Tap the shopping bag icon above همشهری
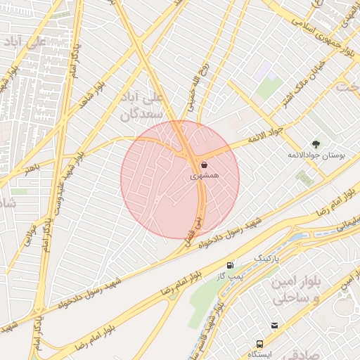[x=204, y=165]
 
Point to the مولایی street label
[x=29, y=233]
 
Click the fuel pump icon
[x=231, y=265]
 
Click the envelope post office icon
[x=274, y=326]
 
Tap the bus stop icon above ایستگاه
[x=260, y=345]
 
